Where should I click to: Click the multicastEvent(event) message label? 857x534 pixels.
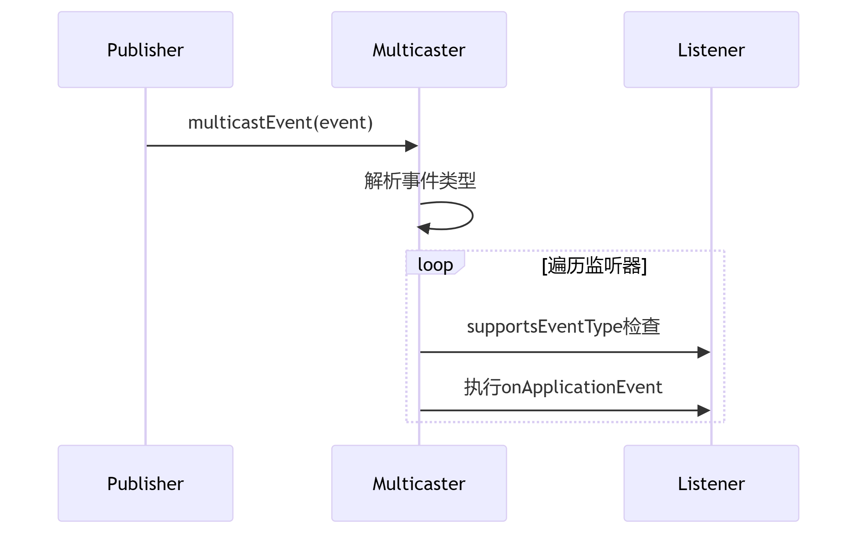coord(280,122)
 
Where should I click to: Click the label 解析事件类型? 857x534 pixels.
coord(420,181)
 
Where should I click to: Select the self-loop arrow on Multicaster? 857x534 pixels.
coord(472,216)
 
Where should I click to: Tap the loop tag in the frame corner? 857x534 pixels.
coord(435,264)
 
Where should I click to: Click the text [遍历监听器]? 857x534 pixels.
coord(594,266)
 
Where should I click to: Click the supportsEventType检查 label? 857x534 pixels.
coord(563,326)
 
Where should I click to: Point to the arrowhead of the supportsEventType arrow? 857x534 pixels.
coord(704,353)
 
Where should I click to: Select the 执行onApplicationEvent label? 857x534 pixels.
coord(563,387)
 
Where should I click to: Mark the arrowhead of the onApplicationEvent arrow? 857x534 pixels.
coord(704,410)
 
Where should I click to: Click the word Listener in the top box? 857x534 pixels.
coord(711,50)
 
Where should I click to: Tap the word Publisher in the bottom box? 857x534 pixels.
coord(146,484)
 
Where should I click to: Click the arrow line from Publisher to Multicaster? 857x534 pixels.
coord(272,146)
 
